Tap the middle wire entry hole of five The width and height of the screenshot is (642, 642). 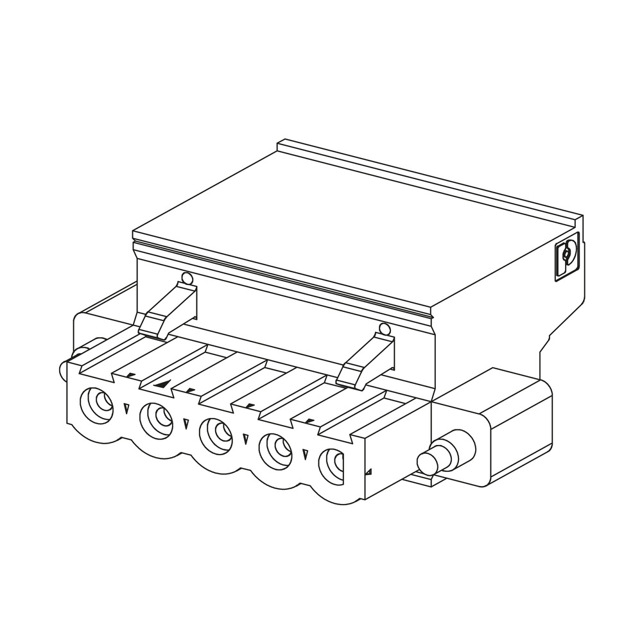point(217,434)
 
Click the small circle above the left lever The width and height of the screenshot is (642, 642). point(187,279)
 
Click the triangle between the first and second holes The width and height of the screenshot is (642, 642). point(126,407)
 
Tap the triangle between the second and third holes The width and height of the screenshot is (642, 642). point(186,423)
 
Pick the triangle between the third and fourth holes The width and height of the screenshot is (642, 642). point(245,438)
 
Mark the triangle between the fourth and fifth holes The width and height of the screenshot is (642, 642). point(304,454)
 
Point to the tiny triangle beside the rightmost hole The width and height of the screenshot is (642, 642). point(369,473)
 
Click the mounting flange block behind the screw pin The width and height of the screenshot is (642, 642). point(514,424)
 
